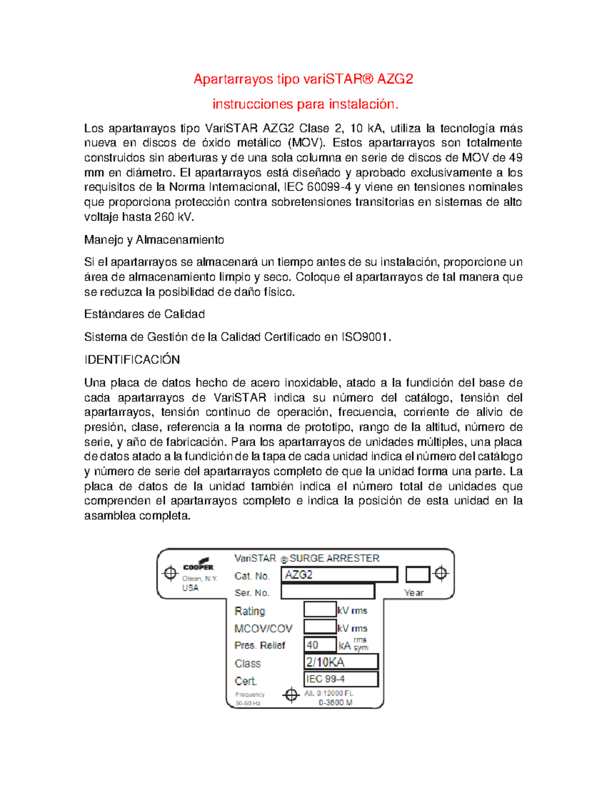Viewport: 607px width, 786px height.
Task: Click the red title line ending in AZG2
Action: click(x=303, y=79)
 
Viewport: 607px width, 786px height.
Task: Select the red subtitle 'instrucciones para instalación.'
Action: click(x=306, y=104)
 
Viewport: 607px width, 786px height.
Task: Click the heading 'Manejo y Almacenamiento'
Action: click(x=154, y=240)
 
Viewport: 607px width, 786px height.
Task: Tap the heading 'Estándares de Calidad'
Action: click(x=144, y=314)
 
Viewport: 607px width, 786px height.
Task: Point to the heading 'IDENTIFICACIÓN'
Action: click(x=132, y=360)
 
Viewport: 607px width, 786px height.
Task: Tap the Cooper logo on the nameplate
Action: click(x=198, y=565)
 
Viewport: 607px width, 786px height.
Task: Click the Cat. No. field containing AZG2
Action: click(x=339, y=575)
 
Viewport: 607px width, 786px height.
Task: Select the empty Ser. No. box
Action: click(x=328, y=592)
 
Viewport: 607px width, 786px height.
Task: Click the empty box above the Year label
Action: click(x=417, y=574)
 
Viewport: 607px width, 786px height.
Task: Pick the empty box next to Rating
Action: click(x=320, y=609)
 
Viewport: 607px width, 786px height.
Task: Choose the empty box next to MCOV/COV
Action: click(x=320, y=627)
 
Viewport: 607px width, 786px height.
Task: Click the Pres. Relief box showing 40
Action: click(x=320, y=645)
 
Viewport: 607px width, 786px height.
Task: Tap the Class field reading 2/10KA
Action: click(x=341, y=662)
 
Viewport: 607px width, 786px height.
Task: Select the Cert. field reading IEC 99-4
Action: click(x=341, y=679)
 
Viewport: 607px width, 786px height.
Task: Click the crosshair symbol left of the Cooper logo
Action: click(x=170, y=573)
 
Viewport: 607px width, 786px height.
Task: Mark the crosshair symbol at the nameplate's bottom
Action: click(x=291, y=695)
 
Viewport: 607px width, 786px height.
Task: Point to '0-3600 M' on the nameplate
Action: click(x=335, y=703)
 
